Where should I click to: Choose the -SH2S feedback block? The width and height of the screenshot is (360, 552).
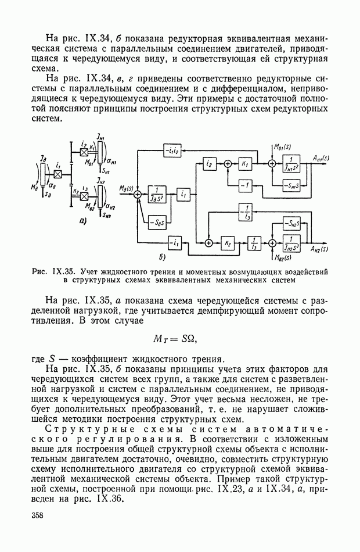point(290,224)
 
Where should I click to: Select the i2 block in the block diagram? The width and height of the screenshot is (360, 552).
point(208,164)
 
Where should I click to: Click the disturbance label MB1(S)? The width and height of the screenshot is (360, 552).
point(282,145)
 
